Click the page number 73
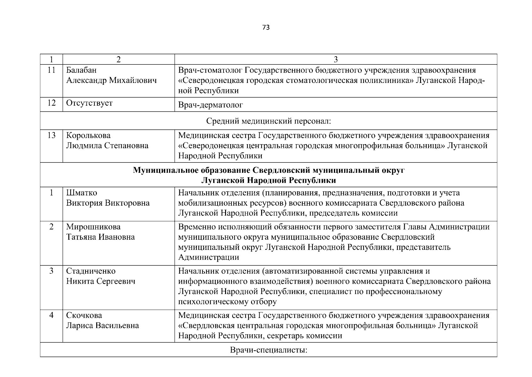[x=266, y=28]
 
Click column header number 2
[x=119, y=60]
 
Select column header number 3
[x=336, y=60]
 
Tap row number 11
[x=51, y=70]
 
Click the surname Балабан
[x=81, y=70]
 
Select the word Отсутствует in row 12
[x=89, y=103]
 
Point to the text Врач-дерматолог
[x=210, y=105]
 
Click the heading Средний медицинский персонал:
[x=268, y=121]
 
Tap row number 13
[x=51, y=135]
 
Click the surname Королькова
[x=88, y=135]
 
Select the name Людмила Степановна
[x=107, y=146]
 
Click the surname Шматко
[x=82, y=193]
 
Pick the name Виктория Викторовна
[x=108, y=203]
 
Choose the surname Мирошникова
[x=93, y=227]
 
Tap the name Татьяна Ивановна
[x=100, y=237]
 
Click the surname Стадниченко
[x=91, y=271]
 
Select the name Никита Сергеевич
[x=101, y=281]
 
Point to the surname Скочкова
[x=84, y=315]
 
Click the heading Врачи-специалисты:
[x=268, y=350]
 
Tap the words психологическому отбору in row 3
[x=227, y=302]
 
